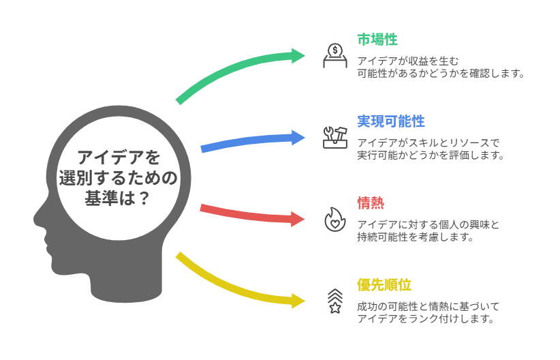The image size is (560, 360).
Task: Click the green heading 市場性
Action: pos(377,40)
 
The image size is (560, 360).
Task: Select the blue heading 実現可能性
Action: pos(390,121)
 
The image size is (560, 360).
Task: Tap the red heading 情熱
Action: pos(371,202)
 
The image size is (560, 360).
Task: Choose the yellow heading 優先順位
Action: pos(384,284)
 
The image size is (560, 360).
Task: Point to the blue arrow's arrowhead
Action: pos(299,137)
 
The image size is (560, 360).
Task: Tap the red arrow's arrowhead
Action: pos(299,219)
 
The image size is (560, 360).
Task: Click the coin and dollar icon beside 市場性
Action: pos(335,55)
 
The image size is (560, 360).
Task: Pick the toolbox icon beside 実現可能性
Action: pos(335,137)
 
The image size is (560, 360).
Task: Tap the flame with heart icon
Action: pos(335,219)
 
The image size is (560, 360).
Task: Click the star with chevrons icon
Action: pos(335,300)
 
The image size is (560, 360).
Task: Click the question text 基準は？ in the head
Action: pos(117,198)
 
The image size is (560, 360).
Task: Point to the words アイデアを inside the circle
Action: pos(117,157)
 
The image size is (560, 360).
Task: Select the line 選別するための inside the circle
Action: pos(117,179)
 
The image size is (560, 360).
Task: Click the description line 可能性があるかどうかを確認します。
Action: pos(441,73)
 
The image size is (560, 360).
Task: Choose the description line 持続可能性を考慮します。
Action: pos(415,237)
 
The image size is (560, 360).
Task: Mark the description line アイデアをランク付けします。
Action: pos(424,318)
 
